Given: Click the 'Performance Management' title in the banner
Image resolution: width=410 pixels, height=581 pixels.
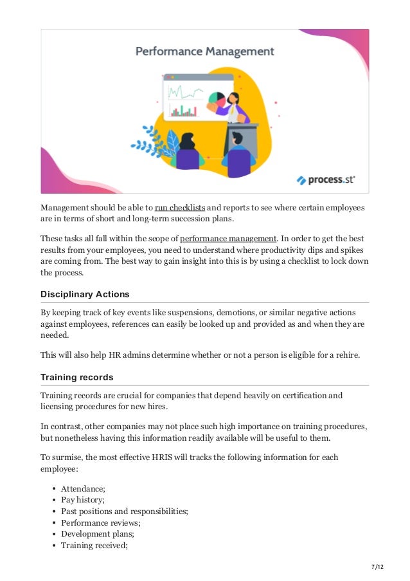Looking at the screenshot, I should [x=204, y=51].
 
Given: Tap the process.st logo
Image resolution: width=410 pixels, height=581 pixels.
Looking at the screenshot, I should [x=326, y=180].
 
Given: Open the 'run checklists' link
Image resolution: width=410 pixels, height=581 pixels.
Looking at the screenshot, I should [x=180, y=208].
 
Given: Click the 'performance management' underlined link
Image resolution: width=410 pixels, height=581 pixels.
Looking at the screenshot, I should [x=228, y=239].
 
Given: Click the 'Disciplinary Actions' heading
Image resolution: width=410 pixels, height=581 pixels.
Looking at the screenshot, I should [x=85, y=294].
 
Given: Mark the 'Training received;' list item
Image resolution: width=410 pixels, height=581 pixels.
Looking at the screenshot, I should [x=94, y=545].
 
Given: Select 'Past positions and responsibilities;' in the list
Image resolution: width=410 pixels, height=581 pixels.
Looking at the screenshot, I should [x=125, y=512].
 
